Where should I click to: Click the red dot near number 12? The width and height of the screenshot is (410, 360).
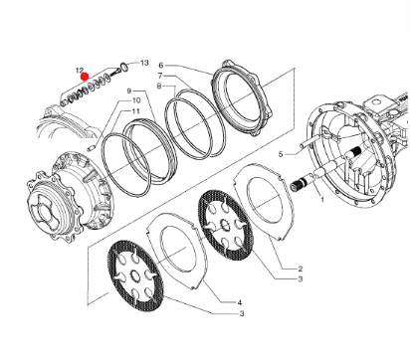point(85,77)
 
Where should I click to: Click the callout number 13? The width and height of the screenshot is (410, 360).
point(144,63)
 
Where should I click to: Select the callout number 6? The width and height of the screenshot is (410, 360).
point(161,66)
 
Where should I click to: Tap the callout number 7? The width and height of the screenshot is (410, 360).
point(160,76)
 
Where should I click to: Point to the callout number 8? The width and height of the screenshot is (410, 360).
point(159,87)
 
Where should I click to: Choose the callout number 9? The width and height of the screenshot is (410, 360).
point(129,90)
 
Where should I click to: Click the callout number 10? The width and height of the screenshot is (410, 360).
point(136,100)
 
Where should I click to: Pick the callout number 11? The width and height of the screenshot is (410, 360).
point(136,111)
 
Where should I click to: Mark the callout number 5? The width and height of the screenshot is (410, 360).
point(281,154)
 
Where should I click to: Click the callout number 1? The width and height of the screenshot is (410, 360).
point(321,200)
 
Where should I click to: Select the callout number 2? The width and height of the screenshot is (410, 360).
point(301,269)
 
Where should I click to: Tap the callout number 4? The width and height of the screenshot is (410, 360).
point(240,302)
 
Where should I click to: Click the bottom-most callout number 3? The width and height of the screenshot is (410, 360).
point(242,313)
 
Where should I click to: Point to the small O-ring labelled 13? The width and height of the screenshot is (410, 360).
point(124,66)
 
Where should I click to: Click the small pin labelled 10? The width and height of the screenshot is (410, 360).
point(92,148)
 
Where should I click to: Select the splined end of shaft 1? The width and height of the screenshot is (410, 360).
point(298,185)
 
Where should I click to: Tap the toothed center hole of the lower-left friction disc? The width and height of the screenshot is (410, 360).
point(135,274)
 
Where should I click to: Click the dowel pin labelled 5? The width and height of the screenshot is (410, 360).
point(307,143)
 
